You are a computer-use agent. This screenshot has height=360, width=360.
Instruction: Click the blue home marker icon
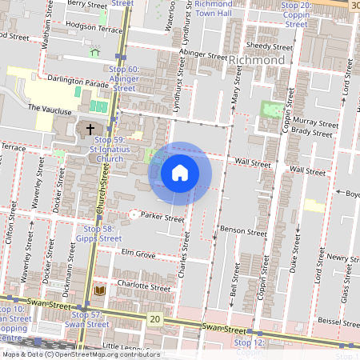click(180, 173)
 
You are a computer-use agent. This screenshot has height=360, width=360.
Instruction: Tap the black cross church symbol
click(90, 129)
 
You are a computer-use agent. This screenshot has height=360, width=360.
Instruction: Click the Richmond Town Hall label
click(213, 9)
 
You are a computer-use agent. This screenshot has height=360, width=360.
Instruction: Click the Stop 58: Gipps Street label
click(99, 234)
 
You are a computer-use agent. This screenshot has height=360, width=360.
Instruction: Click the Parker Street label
click(162, 218)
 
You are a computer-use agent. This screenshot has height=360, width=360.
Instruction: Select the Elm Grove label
click(137, 254)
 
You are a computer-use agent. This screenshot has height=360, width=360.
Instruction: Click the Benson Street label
click(243, 232)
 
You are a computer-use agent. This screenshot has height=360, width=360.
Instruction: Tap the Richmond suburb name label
click(256, 61)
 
